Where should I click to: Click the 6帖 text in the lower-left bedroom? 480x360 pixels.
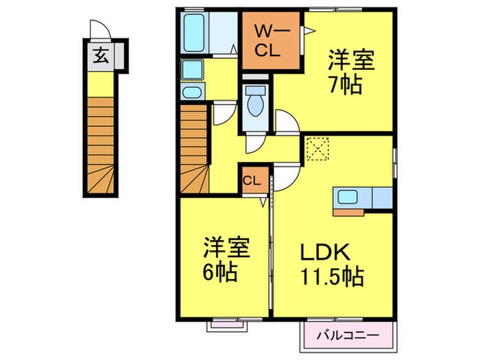219,273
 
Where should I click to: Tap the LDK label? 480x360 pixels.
325,253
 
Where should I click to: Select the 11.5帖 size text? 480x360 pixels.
331,278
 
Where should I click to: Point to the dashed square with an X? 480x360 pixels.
317,148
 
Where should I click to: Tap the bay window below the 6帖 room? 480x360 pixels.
226,324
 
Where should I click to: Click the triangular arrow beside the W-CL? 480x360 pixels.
309,30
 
